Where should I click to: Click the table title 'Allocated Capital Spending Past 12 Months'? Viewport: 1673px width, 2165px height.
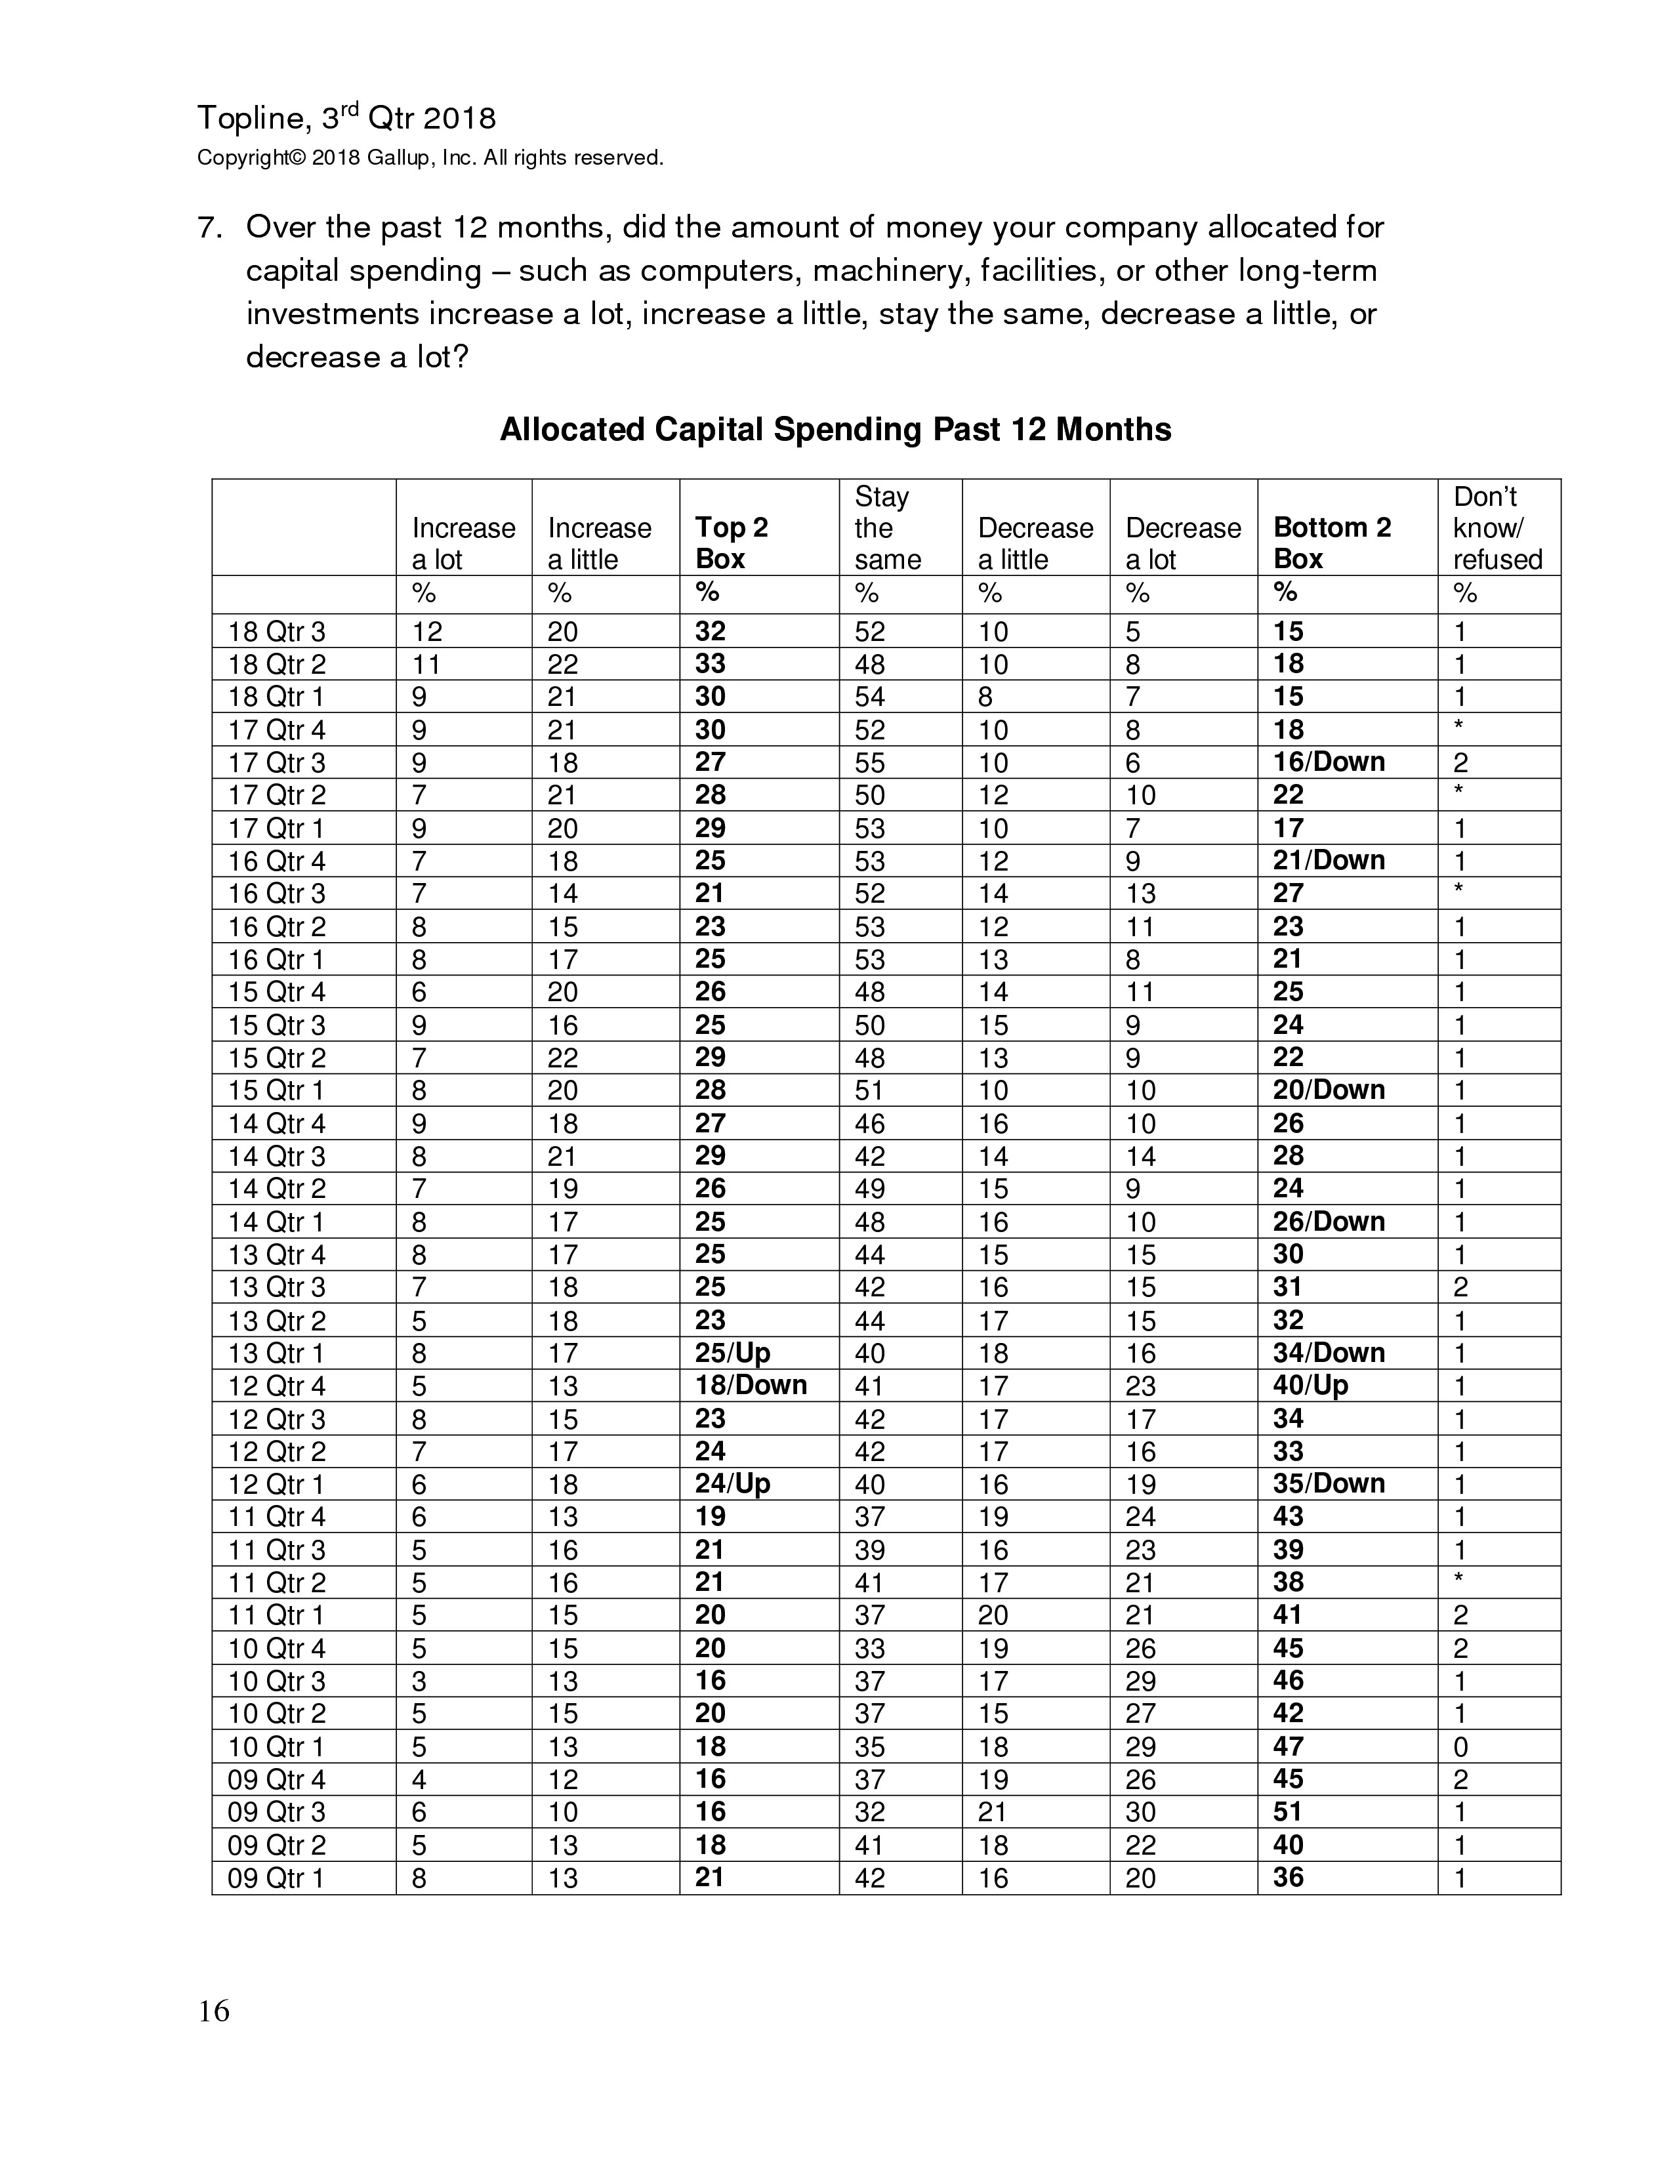point(835,429)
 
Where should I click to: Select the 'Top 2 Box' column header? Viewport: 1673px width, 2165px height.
point(732,543)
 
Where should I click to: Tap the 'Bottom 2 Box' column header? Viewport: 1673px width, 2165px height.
point(1331,543)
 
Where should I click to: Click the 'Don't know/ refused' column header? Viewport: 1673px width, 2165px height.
point(1497,527)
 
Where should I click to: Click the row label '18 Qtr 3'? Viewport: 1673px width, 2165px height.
point(276,631)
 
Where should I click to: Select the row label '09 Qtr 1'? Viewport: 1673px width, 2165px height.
point(276,1878)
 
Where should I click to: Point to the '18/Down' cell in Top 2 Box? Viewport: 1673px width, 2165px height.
point(751,1385)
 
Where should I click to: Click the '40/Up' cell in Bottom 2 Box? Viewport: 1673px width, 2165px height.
point(1310,1385)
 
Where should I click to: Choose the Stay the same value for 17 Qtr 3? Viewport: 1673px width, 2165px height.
point(869,762)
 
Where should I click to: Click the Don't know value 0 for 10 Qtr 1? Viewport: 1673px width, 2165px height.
point(1460,1746)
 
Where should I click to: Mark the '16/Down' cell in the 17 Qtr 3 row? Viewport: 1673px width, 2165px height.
point(1328,762)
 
